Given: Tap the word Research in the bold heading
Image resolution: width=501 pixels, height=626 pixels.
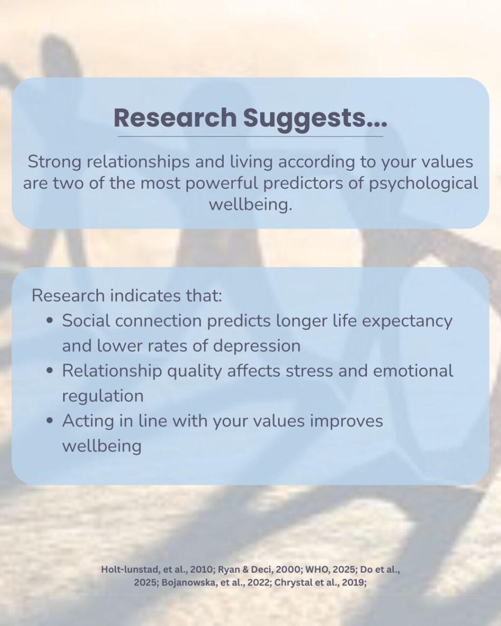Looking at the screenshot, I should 175,117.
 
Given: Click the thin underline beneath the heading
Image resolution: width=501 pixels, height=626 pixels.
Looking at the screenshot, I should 250,136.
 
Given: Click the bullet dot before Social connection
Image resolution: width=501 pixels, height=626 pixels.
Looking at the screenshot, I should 49,321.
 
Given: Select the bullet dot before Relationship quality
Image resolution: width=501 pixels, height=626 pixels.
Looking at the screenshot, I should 49,371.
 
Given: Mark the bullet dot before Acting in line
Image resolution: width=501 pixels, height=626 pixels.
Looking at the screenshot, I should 49,421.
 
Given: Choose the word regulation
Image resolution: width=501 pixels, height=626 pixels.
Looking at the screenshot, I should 103,396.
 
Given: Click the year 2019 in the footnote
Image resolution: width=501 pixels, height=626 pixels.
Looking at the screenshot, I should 353,582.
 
